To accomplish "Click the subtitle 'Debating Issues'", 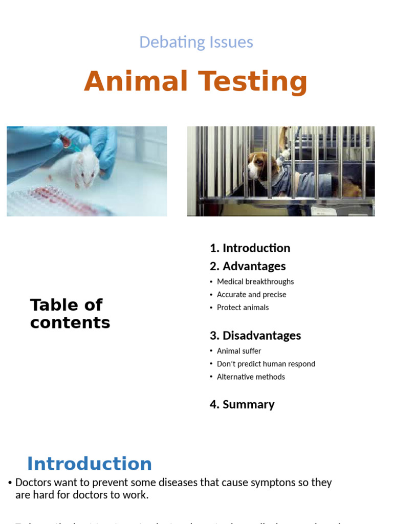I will [196, 42].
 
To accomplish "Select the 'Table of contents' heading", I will [70, 314].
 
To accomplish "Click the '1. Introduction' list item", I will [250, 248].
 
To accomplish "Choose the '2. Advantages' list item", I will [248, 266].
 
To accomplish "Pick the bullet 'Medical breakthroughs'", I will [255, 281].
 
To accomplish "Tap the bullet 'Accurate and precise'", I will [251, 294].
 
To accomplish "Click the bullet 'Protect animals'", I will [243, 308].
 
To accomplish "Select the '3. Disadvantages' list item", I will [255, 336].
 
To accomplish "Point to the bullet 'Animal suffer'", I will [238, 351].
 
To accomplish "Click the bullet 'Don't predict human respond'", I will [266, 364].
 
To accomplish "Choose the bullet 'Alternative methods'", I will [251, 377].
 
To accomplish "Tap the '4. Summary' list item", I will [242, 404].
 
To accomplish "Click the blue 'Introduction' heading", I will [90, 464].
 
